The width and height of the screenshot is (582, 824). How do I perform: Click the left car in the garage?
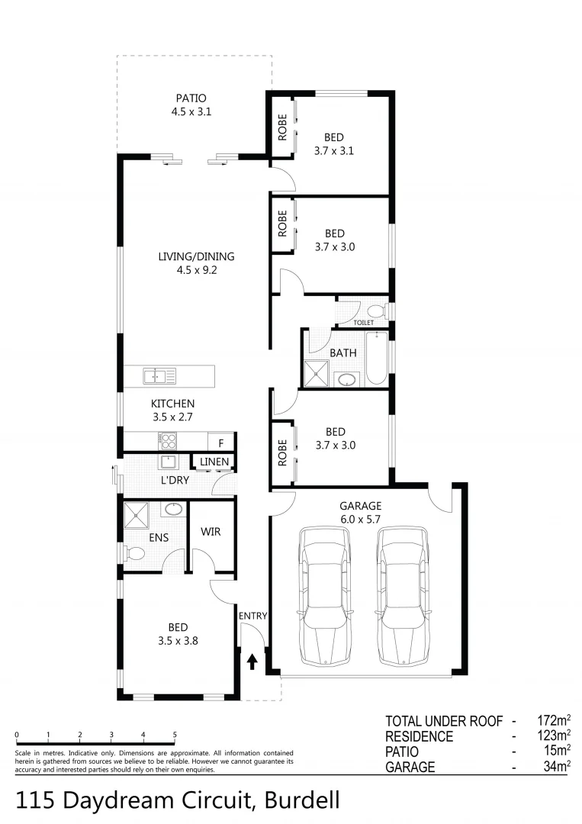[326, 594]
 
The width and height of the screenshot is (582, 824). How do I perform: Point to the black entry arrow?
[252, 661]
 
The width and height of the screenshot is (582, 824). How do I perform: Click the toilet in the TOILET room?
[375, 311]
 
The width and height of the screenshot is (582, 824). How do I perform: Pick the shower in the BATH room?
[314, 374]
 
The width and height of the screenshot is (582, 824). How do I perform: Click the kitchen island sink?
[160, 375]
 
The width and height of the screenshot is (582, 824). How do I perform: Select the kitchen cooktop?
[167, 440]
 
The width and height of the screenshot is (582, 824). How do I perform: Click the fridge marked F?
[221, 443]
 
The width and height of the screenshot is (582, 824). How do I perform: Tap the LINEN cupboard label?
[214, 462]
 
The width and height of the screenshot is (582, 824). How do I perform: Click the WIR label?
[211, 531]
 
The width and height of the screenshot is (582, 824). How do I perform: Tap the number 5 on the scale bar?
[175, 735]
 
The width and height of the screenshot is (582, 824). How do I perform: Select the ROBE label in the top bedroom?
[282, 124]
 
